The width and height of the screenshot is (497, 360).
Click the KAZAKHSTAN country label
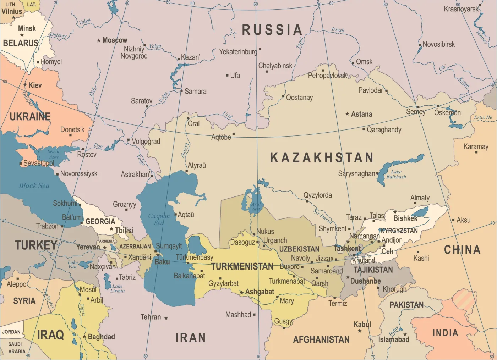tap(322, 157)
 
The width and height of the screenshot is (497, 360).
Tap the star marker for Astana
tap(347, 114)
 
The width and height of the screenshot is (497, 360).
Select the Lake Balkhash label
tap(396, 174)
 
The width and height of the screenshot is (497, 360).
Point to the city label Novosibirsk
tap(439, 44)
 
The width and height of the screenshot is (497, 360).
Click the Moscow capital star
tap(99, 40)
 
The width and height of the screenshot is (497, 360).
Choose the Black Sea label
tap(34, 185)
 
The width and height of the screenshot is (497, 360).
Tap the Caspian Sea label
tap(159, 219)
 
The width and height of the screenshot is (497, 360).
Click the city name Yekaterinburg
tap(238, 52)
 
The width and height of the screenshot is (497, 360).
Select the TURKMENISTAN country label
tap(242, 267)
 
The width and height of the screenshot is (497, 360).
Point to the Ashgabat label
tap(260, 292)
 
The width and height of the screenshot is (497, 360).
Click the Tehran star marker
tap(166, 318)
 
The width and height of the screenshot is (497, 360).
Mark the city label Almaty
tap(420, 198)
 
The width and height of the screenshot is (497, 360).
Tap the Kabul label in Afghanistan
tap(362, 324)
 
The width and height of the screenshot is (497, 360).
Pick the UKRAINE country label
tap(30, 117)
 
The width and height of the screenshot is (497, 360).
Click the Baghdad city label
tap(102, 337)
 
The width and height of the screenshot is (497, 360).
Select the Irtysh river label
tap(338, 30)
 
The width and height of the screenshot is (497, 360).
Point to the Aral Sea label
tap(256, 206)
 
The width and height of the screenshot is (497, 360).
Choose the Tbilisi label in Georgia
tap(124, 230)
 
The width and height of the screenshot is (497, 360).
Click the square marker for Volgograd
tap(129, 140)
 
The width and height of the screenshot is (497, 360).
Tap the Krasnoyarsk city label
tap(461, 9)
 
